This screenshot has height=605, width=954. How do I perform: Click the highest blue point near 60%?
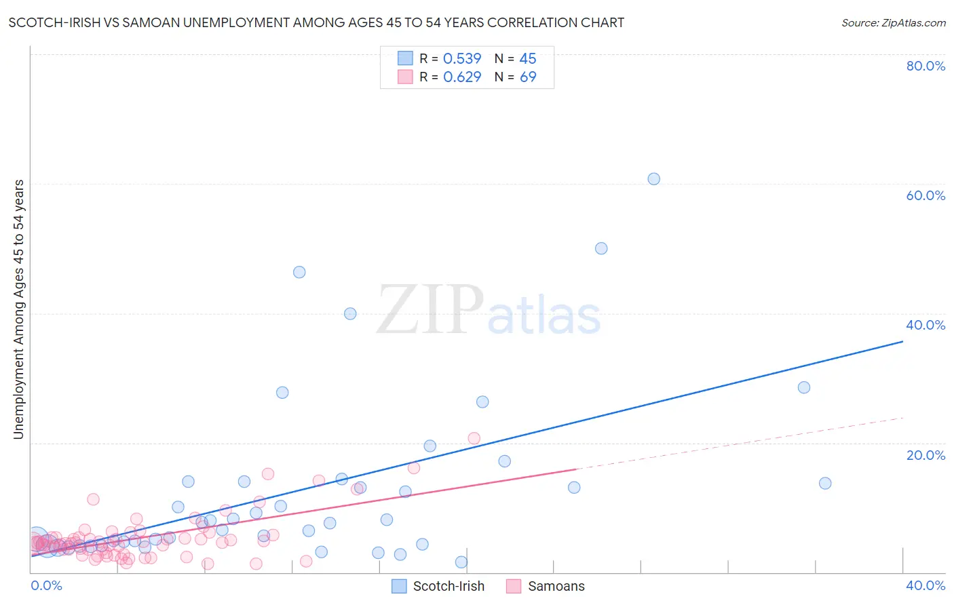pyautogui.click(x=653, y=179)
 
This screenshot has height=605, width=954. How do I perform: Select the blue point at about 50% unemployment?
pyautogui.click(x=601, y=248)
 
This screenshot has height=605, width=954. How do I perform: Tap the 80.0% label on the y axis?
pyautogui.click(x=926, y=66)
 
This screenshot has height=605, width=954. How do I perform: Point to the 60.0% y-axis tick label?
pyautogui.click(x=926, y=195)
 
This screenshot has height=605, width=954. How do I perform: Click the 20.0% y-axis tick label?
pyautogui.click(x=926, y=455)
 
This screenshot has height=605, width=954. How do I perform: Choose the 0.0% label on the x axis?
pyautogui.click(x=46, y=585)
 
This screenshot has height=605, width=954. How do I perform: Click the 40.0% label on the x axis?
pyautogui.click(x=926, y=585)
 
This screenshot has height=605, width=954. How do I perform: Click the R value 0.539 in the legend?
pyautogui.click(x=462, y=58)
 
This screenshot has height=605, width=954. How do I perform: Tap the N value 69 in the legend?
pyautogui.click(x=528, y=77)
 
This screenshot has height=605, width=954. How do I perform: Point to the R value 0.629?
pyautogui.click(x=462, y=77)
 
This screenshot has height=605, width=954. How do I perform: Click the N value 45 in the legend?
pyautogui.click(x=528, y=58)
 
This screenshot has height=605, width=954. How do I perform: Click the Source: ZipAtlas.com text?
pyautogui.click(x=893, y=22)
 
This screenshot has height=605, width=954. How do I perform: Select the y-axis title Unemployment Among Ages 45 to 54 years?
pyautogui.click(x=18, y=309)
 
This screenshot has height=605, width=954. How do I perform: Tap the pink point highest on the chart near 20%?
pyautogui.click(x=474, y=438)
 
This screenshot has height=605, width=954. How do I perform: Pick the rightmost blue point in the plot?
pyautogui.click(x=825, y=483)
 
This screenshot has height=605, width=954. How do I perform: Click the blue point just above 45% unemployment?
pyautogui.click(x=299, y=272)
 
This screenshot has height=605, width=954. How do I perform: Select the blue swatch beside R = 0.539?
pyautogui.click(x=405, y=58)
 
